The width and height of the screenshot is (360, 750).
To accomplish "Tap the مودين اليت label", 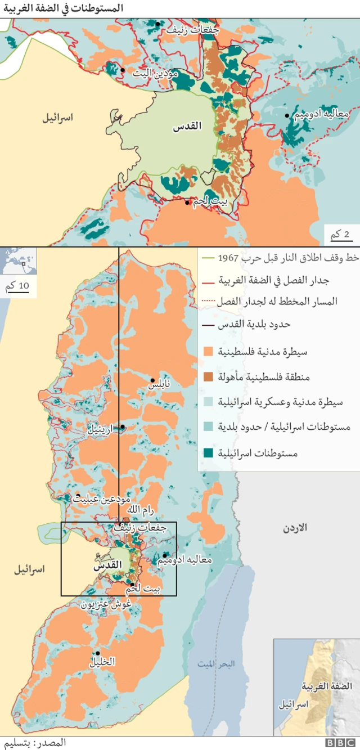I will pos(155,73).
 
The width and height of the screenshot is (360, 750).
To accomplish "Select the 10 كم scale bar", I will pos(16,286).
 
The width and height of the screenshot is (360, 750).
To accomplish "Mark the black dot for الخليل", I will pos(97,653).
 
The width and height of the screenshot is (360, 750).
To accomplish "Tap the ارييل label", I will pos(100,429).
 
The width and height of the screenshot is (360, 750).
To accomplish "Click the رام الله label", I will pos(141,509).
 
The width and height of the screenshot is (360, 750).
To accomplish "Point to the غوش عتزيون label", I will pos(106,605).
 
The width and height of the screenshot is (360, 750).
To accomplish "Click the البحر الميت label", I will pos(216,664).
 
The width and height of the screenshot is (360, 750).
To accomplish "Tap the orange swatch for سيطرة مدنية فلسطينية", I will pos(207,352).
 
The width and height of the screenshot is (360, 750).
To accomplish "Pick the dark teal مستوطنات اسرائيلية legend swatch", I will pos(207,452).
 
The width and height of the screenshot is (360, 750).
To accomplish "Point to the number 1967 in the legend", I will pos(228,258).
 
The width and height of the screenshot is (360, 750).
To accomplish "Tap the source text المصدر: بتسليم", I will pos(34,743).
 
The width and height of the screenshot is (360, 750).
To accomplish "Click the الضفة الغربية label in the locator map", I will pos(326,686).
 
